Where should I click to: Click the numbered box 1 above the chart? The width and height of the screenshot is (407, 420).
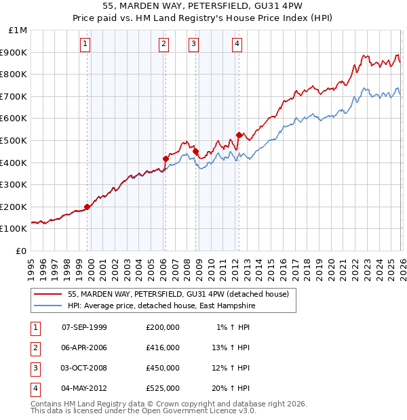(85, 45)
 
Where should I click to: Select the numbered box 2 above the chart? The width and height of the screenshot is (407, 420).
(164, 45)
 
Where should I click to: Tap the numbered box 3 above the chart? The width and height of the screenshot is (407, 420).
(194, 45)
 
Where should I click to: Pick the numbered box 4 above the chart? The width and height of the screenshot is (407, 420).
(237, 45)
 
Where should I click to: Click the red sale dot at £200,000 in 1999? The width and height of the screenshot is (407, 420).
(87, 207)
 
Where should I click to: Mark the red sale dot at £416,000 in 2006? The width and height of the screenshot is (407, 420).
(166, 159)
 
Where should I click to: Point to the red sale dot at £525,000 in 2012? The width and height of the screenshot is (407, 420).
(239, 135)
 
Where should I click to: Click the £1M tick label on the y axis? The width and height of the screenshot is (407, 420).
(18, 30)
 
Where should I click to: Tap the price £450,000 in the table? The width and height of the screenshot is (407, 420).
(163, 368)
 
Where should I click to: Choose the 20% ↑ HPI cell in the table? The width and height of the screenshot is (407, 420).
(231, 388)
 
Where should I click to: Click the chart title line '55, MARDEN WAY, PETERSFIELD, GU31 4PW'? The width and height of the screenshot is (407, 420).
(203, 7)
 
